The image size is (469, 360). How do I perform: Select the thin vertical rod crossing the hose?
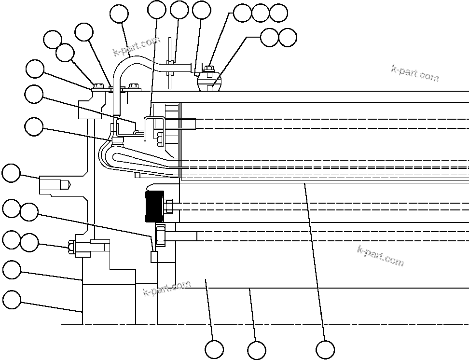[170, 63]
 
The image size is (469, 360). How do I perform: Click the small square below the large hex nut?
[154, 256]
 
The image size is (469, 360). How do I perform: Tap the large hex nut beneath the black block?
[160, 235]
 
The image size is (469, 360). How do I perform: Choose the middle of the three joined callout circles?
[261, 13]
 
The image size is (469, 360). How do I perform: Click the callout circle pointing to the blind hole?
[11, 173]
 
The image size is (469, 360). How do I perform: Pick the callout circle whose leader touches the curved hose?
[119, 14]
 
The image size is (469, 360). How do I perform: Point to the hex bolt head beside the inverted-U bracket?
[159, 140]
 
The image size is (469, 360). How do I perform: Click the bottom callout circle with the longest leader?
[325, 349]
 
